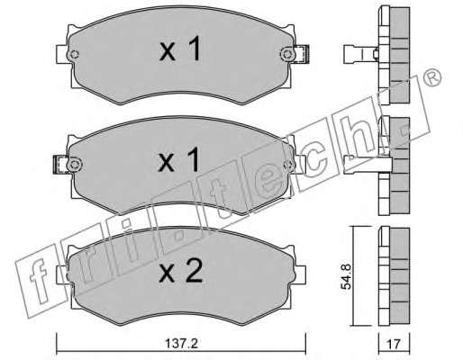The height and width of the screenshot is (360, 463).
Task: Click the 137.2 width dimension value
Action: coord(182,344)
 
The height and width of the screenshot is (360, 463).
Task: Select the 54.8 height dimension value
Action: coord(346,276)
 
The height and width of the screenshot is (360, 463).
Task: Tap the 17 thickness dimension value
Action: coord(394,344)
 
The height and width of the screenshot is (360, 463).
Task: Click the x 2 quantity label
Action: coord(181,272)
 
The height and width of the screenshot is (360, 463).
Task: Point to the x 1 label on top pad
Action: coord(180,49)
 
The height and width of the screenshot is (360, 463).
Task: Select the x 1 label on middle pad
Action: coord(178,159)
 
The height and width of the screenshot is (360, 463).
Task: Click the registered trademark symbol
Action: coord(433,77)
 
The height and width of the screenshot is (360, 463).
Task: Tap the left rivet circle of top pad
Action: coord(73,55)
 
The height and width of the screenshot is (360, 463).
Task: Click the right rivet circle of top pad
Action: coord(286,54)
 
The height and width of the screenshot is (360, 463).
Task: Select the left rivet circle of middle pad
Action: coord(75,164)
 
